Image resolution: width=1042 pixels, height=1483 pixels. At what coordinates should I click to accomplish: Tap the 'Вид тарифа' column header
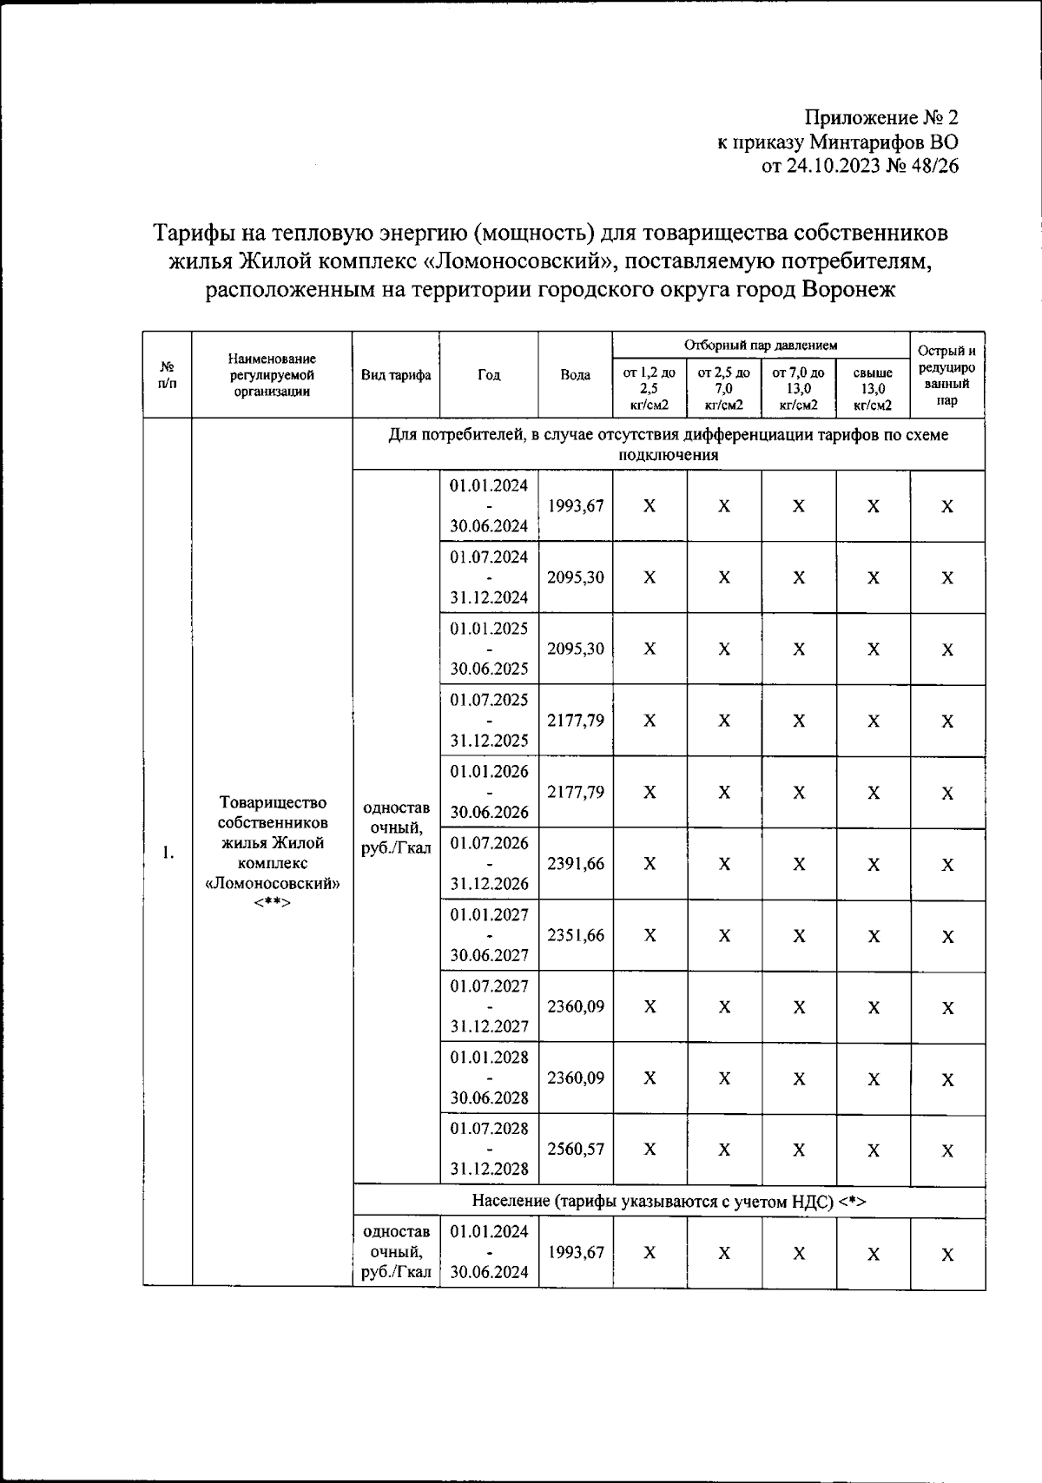pos(396,375)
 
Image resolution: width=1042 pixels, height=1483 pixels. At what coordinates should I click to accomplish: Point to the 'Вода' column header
pos(575,375)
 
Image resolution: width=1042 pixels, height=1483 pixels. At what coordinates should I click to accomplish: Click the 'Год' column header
pos(489,375)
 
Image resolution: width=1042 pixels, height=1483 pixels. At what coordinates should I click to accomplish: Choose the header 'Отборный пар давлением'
pos(761,345)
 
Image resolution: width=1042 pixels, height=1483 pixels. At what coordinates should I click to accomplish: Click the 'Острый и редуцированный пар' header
pos(946,375)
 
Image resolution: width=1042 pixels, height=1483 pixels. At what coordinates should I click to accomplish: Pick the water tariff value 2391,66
pos(576,864)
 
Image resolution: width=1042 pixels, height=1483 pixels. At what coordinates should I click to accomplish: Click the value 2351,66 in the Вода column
pos(576,935)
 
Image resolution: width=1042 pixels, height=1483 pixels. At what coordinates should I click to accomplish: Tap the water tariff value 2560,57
pos(576,1149)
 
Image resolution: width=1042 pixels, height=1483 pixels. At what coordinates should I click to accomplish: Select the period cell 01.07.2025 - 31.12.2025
pos(489,720)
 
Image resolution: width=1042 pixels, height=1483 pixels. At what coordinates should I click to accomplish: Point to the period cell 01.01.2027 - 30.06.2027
pos(489,935)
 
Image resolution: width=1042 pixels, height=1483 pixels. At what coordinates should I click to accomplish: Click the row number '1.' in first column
pos(168,854)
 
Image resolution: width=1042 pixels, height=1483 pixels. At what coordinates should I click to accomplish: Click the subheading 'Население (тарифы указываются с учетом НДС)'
pos(669,1202)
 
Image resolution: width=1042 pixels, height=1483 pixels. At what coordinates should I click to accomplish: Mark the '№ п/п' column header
pos(168,375)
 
